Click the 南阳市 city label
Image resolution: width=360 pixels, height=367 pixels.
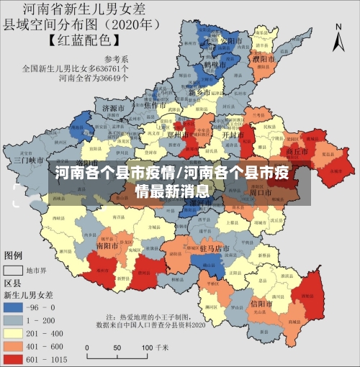[x=108, y=245]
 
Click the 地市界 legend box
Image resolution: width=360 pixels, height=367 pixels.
[x=13, y=271]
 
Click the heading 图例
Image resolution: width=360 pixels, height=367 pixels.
[x=13, y=256]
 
